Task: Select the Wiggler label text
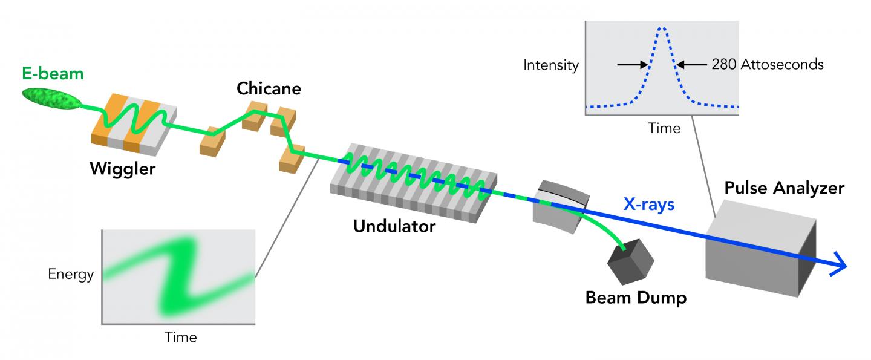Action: click(122, 169)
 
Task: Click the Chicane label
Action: click(269, 90)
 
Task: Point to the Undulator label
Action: click(394, 227)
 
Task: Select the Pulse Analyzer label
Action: click(784, 188)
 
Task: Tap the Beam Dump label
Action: click(636, 298)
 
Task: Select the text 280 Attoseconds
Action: click(767, 64)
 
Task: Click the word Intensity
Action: click(551, 65)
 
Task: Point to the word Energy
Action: click(71, 275)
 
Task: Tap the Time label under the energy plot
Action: click(181, 337)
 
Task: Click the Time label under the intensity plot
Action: click(664, 128)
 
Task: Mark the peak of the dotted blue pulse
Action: click(663, 28)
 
